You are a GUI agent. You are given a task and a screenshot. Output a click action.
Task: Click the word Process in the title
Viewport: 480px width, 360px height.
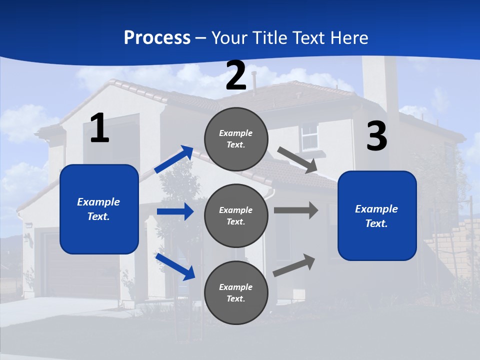pyautogui.click(x=157, y=38)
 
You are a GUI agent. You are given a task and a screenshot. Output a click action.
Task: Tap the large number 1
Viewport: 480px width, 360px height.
pyautogui.click(x=99, y=128)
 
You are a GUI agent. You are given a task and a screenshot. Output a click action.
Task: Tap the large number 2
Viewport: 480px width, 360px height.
pyautogui.click(x=236, y=75)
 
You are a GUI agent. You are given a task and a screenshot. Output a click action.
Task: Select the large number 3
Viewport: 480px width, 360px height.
pyautogui.click(x=376, y=136)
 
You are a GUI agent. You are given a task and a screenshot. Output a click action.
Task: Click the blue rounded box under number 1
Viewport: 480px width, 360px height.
pyautogui.click(x=99, y=209)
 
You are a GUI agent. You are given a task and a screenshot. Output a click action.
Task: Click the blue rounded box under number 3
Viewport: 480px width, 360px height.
pyautogui.click(x=377, y=215)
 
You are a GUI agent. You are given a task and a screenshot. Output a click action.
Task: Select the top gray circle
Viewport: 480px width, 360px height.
pyautogui.click(x=236, y=138)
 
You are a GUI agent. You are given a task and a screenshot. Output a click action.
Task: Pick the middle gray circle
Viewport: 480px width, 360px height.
pyautogui.click(x=236, y=215)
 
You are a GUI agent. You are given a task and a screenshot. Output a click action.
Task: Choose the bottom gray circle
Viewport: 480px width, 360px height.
pyautogui.click(x=236, y=292)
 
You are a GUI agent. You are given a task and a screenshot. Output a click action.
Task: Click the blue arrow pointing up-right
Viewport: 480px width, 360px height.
pyautogui.click(x=174, y=159)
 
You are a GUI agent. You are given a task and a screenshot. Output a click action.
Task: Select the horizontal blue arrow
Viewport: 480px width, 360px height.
pyautogui.click(x=175, y=211)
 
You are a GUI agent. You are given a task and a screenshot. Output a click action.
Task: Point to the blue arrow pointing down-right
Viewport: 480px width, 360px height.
pyautogui.click(x=175, y=266)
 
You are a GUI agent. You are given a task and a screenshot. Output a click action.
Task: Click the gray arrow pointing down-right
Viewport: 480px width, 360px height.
pyautogui.click(x=297, y=160)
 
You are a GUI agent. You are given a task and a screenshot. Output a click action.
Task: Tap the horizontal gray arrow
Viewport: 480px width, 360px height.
pyautogui.click(x=296, y=210)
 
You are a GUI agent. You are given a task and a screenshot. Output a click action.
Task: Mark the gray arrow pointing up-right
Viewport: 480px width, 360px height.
pyautogui.click(x=294, y=265)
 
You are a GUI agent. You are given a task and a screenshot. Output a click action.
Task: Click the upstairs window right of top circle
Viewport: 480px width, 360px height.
pyautogui.click(x=309, y=136)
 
